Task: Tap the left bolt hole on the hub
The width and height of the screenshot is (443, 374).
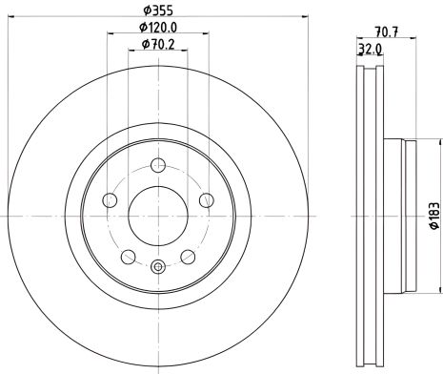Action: click(x=110, y=199)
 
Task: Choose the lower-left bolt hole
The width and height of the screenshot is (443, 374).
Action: click(x=128, y=256)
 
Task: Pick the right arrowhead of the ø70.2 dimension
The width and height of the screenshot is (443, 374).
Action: click(x=186, y=52)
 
